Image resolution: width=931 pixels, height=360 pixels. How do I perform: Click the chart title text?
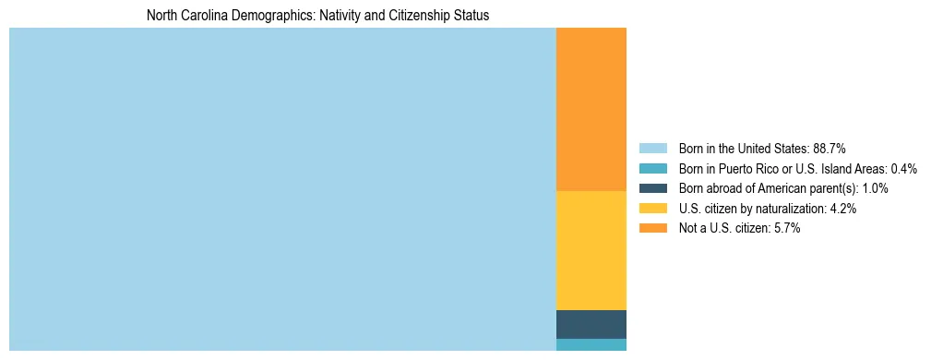pos(317,16)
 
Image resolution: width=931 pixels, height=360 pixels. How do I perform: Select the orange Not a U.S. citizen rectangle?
pos(591,109)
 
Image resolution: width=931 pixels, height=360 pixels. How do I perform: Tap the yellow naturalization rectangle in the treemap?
pos(591,250)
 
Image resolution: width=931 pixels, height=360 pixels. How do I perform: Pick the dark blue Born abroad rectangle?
pos(591,324)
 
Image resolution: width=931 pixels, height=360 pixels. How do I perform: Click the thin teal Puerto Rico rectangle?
pos(591,344)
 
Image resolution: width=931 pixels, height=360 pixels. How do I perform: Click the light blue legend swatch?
pos(653,149)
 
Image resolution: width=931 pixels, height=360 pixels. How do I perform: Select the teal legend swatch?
pos(653,169)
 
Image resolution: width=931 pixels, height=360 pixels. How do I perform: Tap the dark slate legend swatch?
pos(653,188)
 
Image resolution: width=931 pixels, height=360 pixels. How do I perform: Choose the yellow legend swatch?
pos(653,209)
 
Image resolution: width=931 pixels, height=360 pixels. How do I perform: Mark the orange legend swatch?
pos(653,229)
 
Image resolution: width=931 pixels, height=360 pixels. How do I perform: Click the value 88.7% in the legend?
pos(830,149)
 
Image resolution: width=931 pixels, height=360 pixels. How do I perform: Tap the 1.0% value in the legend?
pos(874,188)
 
